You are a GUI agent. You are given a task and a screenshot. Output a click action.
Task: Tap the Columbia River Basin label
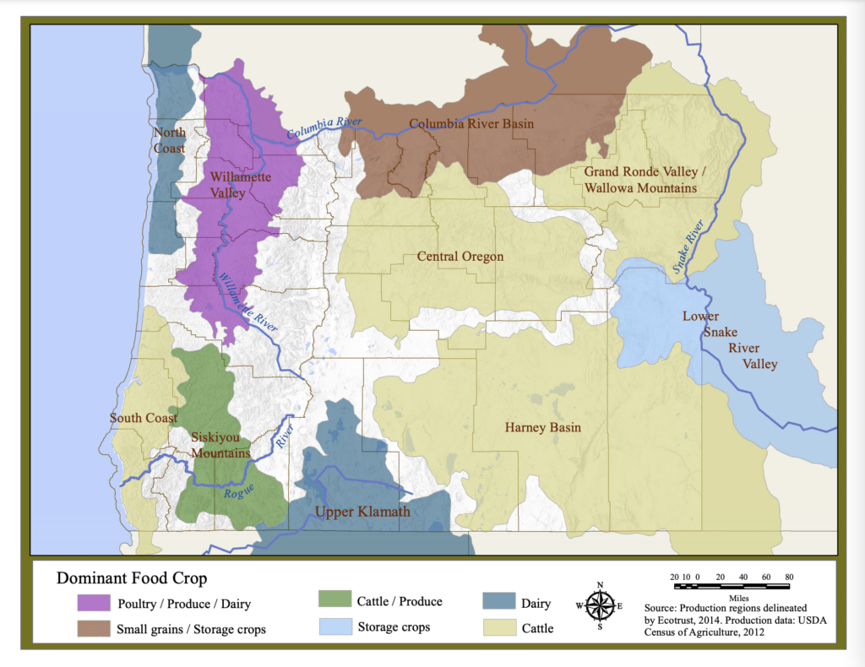pos(471,124)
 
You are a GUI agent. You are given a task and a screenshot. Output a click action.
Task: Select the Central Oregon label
pos(460,257)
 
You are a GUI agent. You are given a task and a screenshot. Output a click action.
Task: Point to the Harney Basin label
pos(542,427)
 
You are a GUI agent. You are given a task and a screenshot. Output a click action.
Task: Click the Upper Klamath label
pos(362,512)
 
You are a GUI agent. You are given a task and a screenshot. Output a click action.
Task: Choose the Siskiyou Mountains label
pos(220,445)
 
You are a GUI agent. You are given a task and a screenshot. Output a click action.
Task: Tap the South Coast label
pos(144,418)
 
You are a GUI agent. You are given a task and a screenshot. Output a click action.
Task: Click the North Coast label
pos(169,140)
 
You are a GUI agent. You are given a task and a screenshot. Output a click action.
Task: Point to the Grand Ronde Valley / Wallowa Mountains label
pos(640,180)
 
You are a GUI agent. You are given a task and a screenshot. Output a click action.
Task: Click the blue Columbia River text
pos(324,128)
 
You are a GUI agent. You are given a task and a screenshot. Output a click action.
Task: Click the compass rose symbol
pos(600,605)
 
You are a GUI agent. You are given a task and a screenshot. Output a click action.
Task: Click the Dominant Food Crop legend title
pos(132,579)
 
